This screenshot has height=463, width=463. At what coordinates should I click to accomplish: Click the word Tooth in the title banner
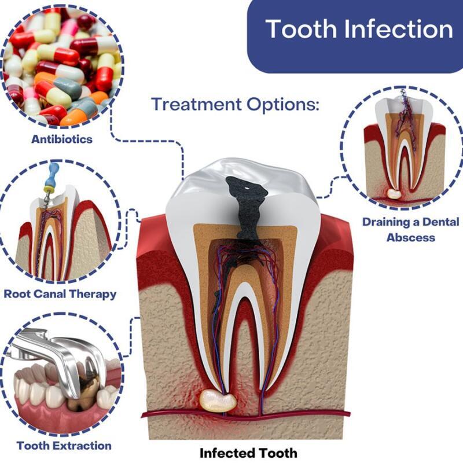(302, 29)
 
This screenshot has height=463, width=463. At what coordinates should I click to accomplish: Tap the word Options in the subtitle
(283, 105)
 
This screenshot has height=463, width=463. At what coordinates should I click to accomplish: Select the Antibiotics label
(62, 139)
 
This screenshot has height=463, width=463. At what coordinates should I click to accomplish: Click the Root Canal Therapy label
(60, 294)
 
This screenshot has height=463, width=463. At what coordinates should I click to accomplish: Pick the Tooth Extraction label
(64, 446)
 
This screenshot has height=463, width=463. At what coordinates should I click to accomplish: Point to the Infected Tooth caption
(248, 453)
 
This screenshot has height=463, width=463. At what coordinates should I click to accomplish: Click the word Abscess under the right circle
(411, 237)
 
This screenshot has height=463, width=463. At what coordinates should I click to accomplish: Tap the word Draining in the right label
(385, 222)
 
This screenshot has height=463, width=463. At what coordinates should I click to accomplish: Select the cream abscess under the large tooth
(218, 400)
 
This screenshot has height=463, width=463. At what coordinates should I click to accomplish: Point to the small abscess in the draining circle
(394, 194)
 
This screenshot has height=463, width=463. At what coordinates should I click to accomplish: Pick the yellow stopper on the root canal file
(49, 189)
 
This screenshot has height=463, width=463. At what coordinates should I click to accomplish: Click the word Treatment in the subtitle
(196, 104)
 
